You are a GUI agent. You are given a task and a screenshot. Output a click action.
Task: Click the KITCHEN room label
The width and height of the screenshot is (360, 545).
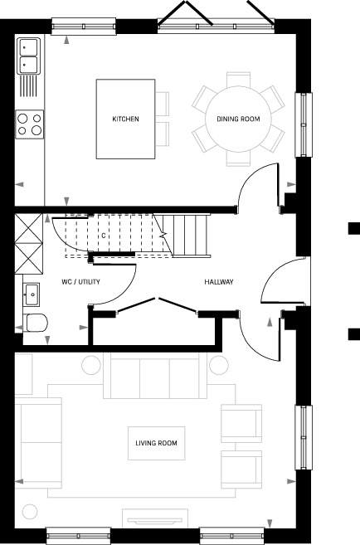(125, 119)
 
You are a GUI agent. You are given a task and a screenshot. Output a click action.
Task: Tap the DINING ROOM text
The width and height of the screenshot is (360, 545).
(238, 119)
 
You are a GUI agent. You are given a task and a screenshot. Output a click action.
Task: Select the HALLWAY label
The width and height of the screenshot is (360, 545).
(219, 282)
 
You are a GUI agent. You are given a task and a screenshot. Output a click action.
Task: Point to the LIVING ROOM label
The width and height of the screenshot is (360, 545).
(156, 443)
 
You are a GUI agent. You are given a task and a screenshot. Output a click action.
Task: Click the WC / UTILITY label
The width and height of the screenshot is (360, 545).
(80, 282)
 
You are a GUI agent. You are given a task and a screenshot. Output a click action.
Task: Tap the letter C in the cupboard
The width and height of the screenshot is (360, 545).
(104, 236)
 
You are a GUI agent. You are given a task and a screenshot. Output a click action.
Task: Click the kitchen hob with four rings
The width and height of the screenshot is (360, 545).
(30, 124)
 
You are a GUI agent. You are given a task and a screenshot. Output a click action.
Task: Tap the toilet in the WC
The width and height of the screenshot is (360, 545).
(36, 323)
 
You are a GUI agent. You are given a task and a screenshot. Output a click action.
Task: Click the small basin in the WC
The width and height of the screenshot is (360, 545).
(32, 294)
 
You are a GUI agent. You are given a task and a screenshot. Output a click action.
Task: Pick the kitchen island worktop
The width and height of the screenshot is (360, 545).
(125, 119)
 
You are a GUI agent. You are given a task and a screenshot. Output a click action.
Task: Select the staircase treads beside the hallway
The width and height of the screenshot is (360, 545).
(191, 236)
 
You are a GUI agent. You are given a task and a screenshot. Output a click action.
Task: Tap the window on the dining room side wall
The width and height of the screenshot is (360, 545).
(304, 125)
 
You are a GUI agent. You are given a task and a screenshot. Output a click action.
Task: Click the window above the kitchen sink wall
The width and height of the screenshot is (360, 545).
(84, 26)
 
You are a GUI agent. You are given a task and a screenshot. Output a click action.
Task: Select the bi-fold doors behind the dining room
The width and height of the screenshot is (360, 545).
(216, 17)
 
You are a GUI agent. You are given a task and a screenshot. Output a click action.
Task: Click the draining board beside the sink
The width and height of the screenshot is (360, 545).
(29, 85)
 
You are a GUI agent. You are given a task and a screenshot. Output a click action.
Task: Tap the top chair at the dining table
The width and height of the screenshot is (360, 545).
(238, 80)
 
